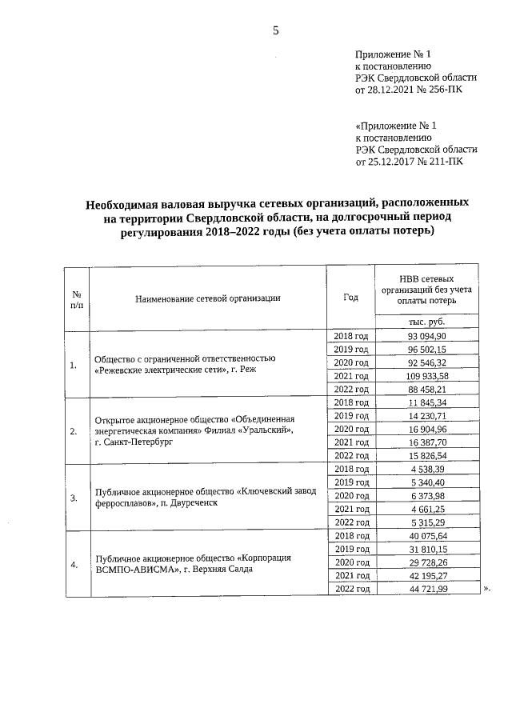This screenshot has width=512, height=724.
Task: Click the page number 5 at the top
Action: [x=276, y=31]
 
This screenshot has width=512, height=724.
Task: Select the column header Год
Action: [x=350, y=297]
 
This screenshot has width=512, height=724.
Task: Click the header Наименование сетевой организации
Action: [x=207, y=298]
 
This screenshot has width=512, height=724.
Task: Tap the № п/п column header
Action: [x=77, y=298]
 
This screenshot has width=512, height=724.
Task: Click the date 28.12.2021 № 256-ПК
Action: [x=407, y=90]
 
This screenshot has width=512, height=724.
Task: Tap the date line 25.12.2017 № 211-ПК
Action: [x=408, y=161]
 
